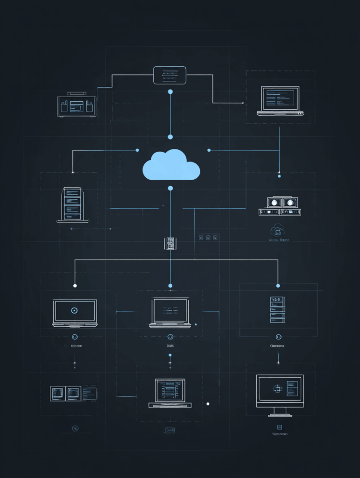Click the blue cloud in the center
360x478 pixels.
pyautogui.click(x=171, y=166)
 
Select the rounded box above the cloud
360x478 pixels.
pyautogui.click(x=169, y=75)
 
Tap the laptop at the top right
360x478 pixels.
pyautogui.click(x=280, y=100)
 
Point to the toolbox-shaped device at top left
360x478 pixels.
pyautogui.click(x=77, y=105)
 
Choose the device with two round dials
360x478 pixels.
pyautogui.click(x=280, y=206)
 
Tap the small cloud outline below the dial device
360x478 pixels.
pyautogui.click(x=277, y=230)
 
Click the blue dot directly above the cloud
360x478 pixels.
pyautogui.click(x=170, y=137)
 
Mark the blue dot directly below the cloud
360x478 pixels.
pyautogui.click(x=170, y=188)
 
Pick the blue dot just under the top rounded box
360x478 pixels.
pyautogui.click(x=170, y=91)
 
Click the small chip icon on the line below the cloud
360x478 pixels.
pyautogui.click(x=169, y=243)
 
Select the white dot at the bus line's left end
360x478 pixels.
pyautogui.click(x=75, y=286)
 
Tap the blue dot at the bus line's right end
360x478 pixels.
pyautogui.click(x=278, y=286)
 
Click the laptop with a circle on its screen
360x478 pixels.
pyautogui.click(x=75, y=312)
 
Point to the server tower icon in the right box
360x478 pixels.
pyautogui.click(x=277, y=309)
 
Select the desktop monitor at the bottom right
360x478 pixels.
pyautogui.click(x=280, y=394)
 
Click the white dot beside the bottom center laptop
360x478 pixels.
pyautogui.click(x=208, y=404)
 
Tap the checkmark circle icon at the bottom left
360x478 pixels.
pyautogui.click(x=74, y=428)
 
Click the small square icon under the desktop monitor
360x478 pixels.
pyautogui.click(x=279, y=427)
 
